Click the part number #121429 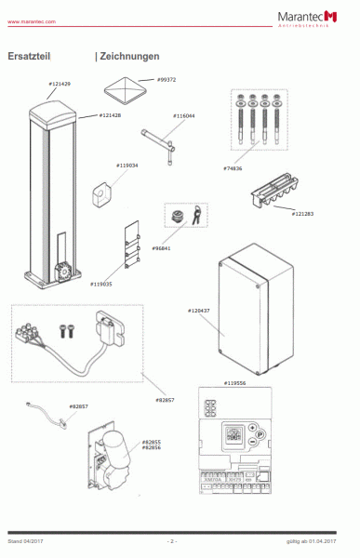[x=60, y=85]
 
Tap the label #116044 [x=184, y=116]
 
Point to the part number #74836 [x=233, y=167]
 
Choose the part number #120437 [x=200, y=310]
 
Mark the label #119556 [x=236, y=382]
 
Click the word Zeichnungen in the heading [x=127, y=57]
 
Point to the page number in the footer [x=171, y=540]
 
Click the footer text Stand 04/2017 [x=24, y=540]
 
